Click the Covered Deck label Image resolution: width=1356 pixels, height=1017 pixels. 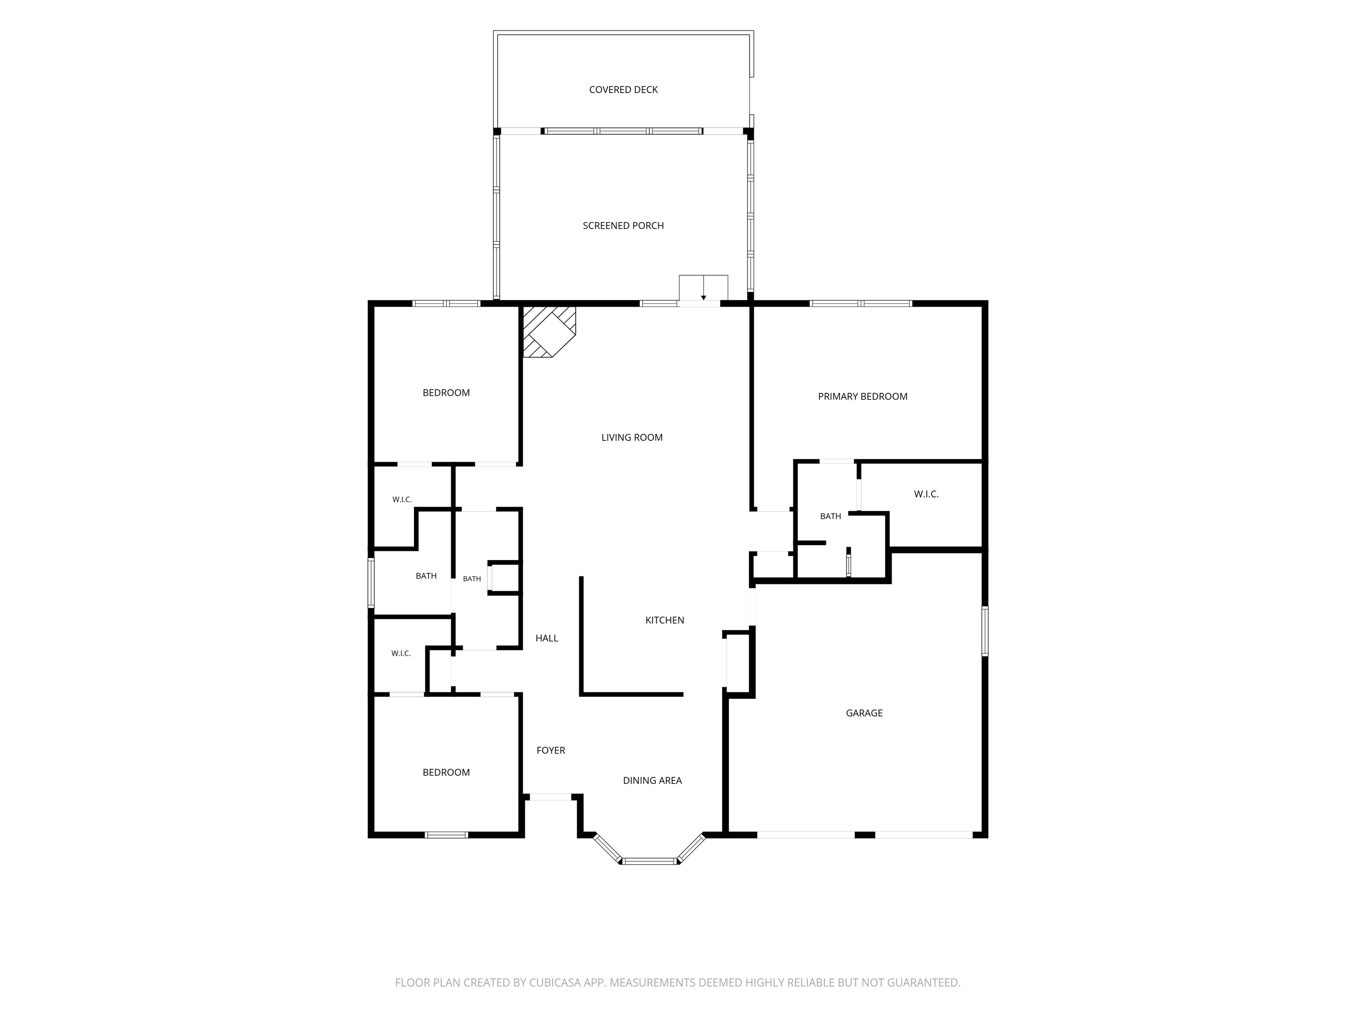623,90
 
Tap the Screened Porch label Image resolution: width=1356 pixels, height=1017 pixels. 623,226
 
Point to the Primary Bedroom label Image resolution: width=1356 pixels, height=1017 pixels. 863,397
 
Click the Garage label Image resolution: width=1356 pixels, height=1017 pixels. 864,713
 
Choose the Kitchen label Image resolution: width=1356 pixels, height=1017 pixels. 664,620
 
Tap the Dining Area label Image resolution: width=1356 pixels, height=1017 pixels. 652,780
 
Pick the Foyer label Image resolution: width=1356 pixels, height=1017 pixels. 550,750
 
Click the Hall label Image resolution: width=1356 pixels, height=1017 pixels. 547,638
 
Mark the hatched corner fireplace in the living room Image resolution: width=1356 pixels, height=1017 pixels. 548,331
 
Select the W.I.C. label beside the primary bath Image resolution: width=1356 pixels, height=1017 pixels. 926,494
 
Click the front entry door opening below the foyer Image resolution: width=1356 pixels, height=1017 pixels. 550,797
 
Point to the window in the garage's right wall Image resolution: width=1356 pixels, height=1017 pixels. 984,631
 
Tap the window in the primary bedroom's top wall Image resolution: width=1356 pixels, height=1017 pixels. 861,303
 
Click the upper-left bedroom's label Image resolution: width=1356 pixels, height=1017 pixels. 446,393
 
